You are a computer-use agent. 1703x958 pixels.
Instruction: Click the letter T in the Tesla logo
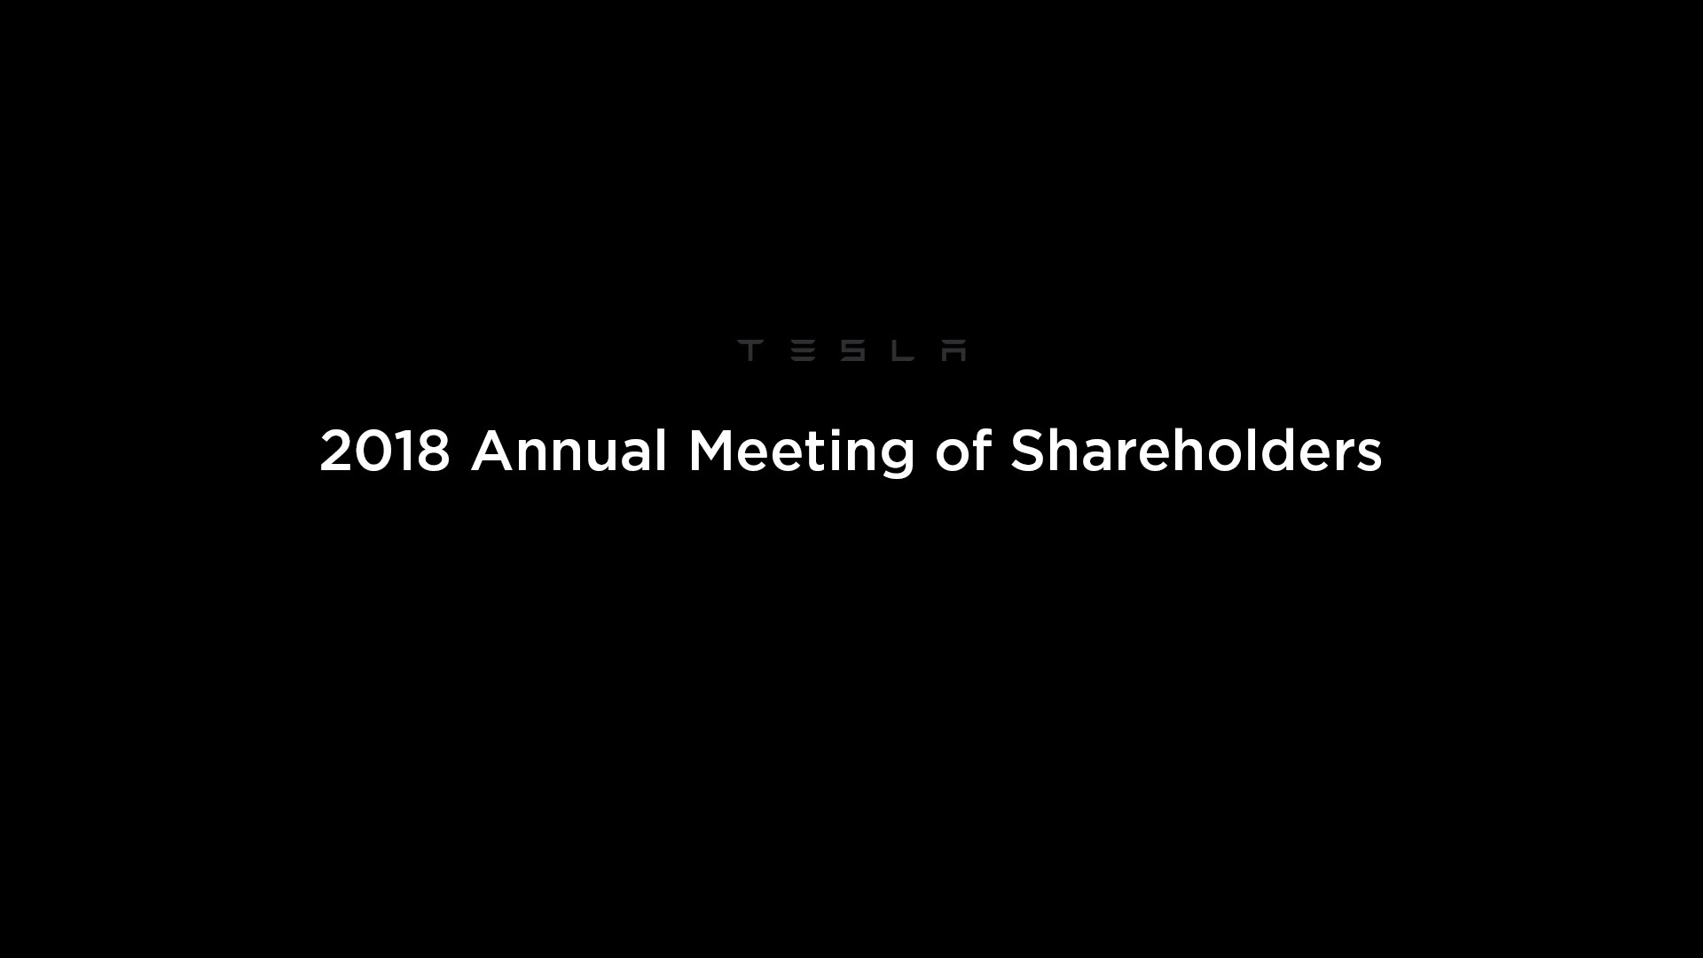pos(749,350)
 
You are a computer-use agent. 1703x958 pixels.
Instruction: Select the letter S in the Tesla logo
pos(852,350)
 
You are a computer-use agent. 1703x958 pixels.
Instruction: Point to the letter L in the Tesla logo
pos(903,350)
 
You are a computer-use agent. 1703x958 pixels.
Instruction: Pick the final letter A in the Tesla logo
pos(954,350)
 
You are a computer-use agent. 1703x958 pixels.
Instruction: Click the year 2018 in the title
pos(385,451)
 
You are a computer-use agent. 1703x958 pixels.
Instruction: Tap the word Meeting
pos(801,453)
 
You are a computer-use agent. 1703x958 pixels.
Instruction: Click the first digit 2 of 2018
pos(335,451)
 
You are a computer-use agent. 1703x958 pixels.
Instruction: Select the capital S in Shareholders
pos(1028,451)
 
